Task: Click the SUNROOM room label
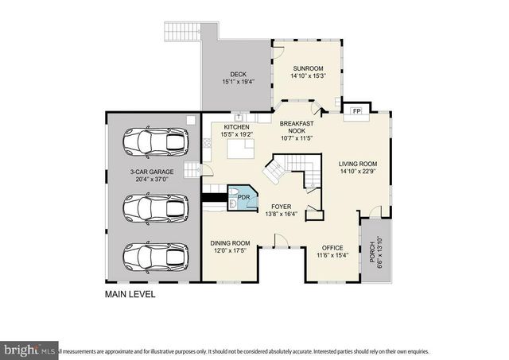click(308, 68)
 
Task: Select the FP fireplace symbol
click(356, 110)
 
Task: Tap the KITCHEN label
click(237, 127)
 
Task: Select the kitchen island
click(241, 148)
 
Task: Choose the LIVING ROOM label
click(358, 164)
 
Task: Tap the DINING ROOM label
click(230, 243)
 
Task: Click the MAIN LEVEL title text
click(130, 294)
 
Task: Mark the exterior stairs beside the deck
click(180, 32)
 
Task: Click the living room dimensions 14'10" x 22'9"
click(358, 171)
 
